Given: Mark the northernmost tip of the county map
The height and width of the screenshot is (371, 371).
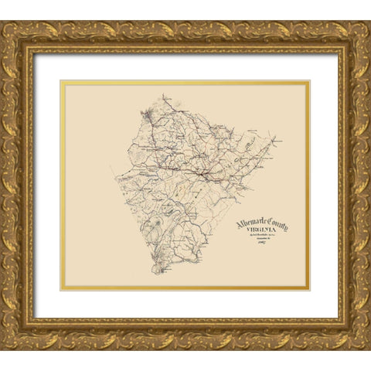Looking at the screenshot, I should pyautogui.click(x=164, y=96).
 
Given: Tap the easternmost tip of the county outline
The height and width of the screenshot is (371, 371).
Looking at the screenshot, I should pyautogui.click(x=281, y=141).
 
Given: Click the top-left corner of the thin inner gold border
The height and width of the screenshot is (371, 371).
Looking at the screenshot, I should pyautogui.click(x=62, y=81).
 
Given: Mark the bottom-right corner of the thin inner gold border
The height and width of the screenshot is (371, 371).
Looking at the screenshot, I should pyautogui.click(x=309, y=290).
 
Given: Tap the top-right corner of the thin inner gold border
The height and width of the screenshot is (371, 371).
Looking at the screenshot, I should pyautogui.click(x=309, y=81).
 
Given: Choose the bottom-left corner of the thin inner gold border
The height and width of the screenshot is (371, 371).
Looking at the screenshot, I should pyautogui.click(x=62, y=290).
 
